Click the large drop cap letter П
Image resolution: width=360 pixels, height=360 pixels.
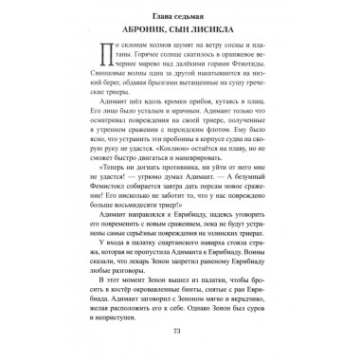tap(103, 75)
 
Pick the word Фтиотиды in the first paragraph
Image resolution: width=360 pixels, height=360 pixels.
tap(236, 92)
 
